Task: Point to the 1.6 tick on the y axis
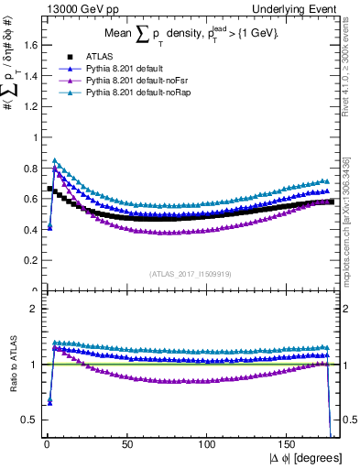27,44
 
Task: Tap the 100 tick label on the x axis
208,442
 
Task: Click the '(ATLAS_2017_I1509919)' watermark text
190,273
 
